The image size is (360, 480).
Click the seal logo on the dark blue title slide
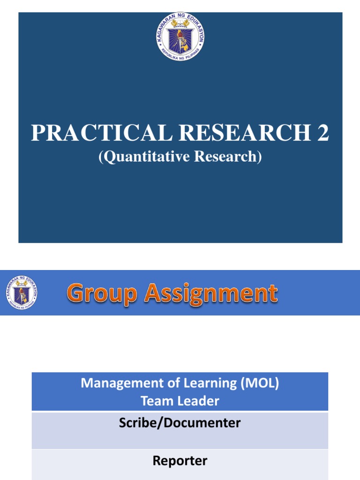pos(180,37)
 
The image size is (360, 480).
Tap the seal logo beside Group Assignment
pos(22,292)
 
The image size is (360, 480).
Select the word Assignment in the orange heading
pos(210,294)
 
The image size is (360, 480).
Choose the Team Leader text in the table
pos(180,401)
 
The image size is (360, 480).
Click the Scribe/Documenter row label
pos(180,423)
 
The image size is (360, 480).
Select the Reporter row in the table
pos(180,461)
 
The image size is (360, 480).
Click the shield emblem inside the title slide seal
pos(180,37)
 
